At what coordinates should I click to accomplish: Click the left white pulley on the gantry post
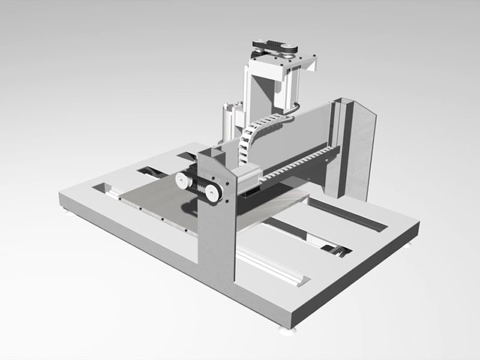(182, 179)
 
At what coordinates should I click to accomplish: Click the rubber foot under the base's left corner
(66, 211)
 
